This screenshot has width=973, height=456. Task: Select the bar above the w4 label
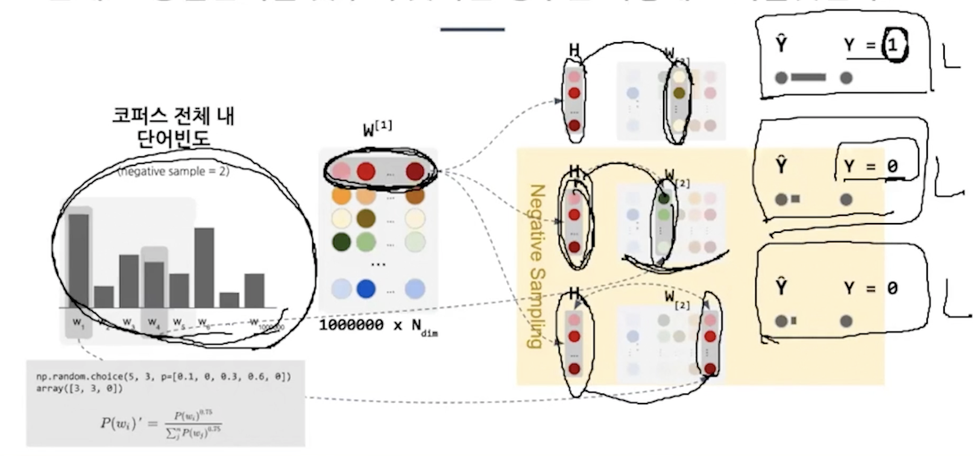pos(154,284)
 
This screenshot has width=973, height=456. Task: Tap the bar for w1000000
pos(254,290)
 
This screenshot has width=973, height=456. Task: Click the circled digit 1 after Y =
pos(894,45)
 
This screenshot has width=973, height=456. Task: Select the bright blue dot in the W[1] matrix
pos(366,289)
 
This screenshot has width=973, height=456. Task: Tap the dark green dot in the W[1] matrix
pos(341,242)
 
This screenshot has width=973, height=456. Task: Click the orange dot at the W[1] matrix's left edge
pos(341,195)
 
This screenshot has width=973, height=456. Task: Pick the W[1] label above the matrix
pos(377,129)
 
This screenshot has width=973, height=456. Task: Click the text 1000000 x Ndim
pos(377,326)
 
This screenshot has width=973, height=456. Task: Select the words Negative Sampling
pos(535,265)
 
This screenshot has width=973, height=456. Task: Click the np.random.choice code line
pos(163,376)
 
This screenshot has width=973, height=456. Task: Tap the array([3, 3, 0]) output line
pos(79,388)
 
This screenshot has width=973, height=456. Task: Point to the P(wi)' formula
pos(161,423)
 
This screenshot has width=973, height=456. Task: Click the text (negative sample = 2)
pos(174,171)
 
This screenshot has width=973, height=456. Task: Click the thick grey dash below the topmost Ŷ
pos(808,77)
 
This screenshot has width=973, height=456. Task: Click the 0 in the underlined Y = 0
pos(892,166)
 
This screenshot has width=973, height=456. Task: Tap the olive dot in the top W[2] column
pos(679,93)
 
